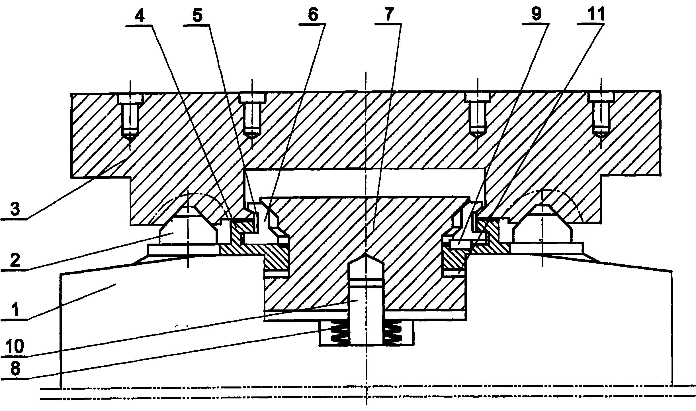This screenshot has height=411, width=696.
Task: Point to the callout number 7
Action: point(389,14)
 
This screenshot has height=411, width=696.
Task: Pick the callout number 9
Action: point(536,14)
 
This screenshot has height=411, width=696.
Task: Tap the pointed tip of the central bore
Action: point(366,254)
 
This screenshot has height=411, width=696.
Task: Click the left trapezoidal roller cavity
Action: point(187,225)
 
